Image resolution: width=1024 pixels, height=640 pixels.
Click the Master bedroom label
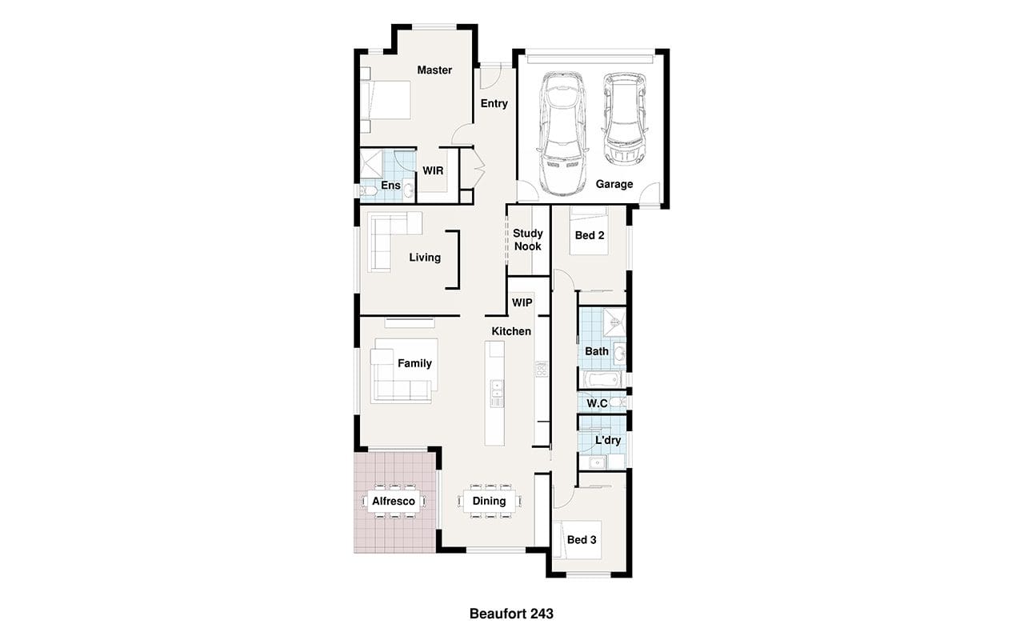(x=434, y=70)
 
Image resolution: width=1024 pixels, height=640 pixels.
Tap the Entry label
(x=494, y=104)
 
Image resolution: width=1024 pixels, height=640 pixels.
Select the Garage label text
(x=614, y=184)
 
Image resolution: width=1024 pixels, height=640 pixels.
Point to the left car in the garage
(x=562, y=134)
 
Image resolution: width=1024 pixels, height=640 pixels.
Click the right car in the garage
(x=625, y=119)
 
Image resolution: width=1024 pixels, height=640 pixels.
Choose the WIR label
(x=433, y=171)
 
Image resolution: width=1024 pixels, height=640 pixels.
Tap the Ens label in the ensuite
(x=390, y=185)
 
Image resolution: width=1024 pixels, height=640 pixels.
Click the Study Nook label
(x=528, y=239)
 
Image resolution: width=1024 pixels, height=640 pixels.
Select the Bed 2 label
(x=590, y=235)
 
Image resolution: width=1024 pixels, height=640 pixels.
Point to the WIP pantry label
(x=522, y=302)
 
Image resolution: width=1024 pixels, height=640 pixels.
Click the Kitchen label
(x=511, y=331)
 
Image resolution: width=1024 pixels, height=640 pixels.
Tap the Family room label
(x=414, y=363)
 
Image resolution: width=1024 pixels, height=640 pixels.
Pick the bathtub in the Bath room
(x=602, y=379)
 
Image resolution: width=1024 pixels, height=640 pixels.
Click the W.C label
(x=597, y=403)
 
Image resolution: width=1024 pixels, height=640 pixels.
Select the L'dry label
(x=608, y=440)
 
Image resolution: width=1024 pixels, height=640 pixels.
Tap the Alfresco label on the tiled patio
(x=393, y=502)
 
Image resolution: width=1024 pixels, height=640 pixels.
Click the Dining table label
(x=489, y=501)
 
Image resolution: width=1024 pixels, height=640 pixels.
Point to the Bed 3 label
(x=582, y=540)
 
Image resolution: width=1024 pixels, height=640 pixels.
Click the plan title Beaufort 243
(x=511, y=614)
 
